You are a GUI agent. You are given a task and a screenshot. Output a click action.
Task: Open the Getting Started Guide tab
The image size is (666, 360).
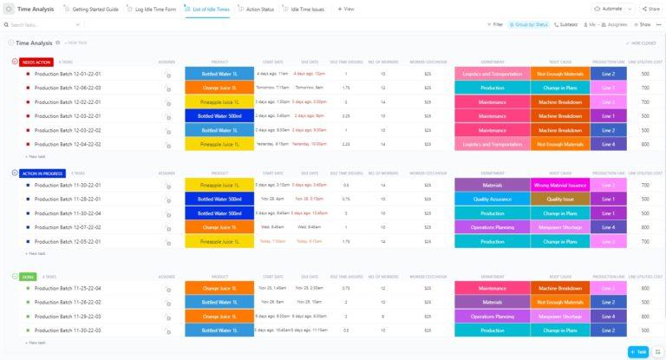[94, 9]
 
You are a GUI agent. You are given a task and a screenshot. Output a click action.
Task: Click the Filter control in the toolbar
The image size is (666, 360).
[495, 25]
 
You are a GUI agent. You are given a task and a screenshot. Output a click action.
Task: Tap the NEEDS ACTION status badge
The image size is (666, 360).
[36, 62]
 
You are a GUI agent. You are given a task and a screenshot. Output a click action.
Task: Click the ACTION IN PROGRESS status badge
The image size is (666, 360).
[42, 173]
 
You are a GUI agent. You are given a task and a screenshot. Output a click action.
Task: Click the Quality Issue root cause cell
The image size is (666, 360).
[559, 199]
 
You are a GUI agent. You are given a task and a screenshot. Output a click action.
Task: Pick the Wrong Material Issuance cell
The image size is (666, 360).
[559, 185]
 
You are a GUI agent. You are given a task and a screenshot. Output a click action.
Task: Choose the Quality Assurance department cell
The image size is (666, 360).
[492, 199]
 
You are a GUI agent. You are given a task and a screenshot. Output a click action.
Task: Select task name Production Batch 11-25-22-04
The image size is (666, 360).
[68, 288]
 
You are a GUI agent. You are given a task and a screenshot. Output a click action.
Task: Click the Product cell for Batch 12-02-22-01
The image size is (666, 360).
[219, 101]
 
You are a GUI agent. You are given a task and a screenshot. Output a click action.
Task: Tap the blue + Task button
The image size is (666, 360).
[637, 351]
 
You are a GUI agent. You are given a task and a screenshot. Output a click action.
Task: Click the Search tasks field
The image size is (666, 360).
[35, 25]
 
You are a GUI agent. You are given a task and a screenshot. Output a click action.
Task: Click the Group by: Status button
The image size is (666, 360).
[528, 25]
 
